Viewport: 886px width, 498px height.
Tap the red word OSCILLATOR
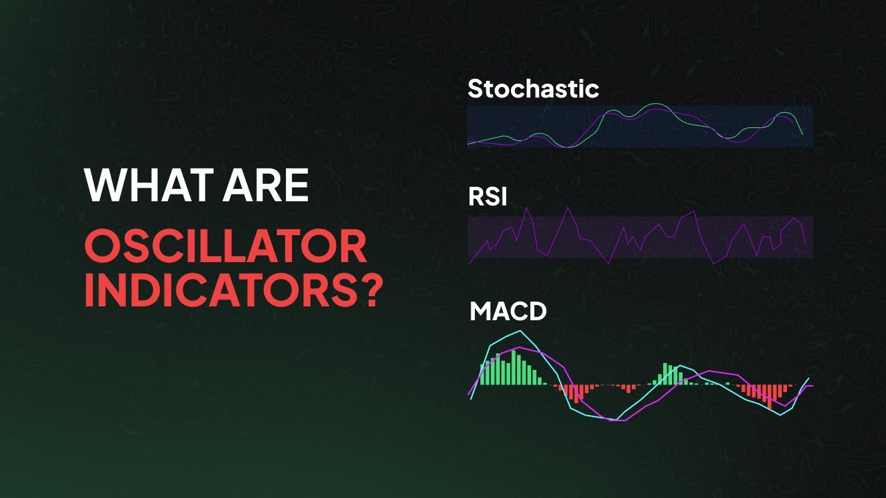click(226, 247)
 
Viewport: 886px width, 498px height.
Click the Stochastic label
click(533, 89)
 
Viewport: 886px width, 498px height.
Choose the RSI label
click(487, 198)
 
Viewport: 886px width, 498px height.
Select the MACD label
click(508, 312)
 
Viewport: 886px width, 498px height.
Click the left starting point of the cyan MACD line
click(470, 399)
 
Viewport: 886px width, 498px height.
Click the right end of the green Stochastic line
click(803, 134)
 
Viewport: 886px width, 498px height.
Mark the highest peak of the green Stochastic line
click(654, 105)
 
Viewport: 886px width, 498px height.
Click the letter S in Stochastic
click(476, 89)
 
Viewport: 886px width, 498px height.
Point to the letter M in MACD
click(480, 312)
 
